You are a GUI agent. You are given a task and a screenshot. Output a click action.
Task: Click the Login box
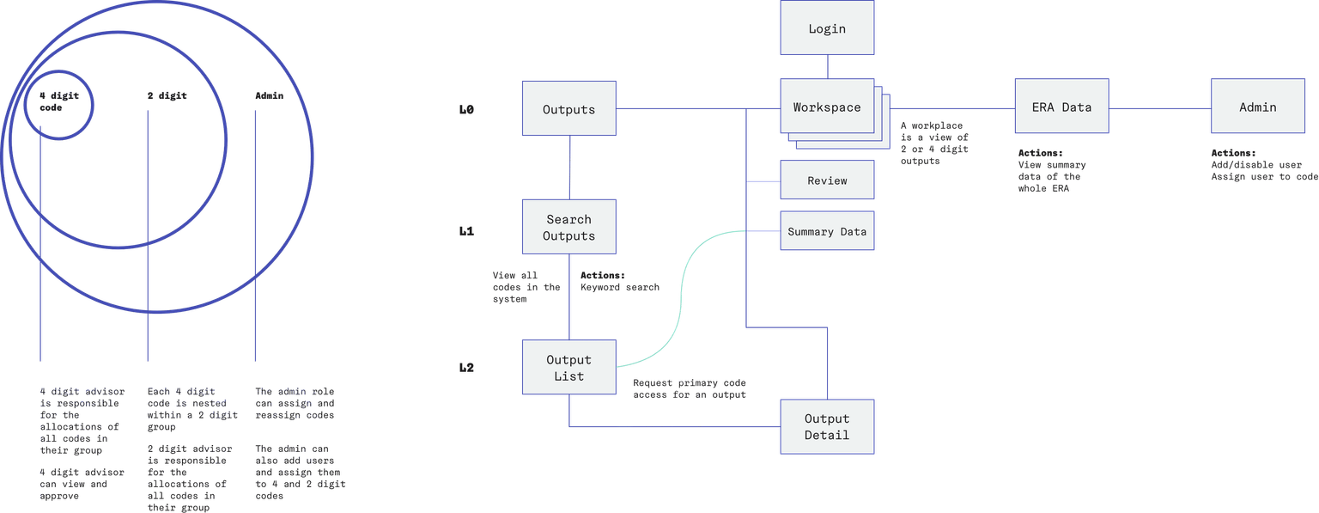[826, 28]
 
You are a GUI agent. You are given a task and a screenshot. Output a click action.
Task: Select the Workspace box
[826, 107]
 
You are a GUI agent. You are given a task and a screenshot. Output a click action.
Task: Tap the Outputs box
[568, 109]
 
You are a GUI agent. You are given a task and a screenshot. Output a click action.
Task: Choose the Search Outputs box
[568, 228]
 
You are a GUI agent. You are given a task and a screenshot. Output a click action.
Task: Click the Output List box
[568, 368]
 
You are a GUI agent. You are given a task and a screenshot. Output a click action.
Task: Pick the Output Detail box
[826, 426]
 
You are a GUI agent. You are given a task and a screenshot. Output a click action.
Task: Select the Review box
[826, 180]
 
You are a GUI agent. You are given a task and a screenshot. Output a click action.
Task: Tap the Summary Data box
[826, 231]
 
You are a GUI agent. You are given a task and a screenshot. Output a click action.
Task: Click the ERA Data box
[1061, 107]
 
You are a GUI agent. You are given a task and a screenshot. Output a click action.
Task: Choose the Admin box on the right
[1257, 107]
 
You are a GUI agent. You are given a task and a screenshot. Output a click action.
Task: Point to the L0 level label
[466, 110]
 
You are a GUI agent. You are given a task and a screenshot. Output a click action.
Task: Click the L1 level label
[466, 231]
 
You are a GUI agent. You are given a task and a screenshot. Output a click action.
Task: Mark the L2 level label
[466, 368]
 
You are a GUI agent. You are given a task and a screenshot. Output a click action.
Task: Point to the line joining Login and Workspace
[826, 66]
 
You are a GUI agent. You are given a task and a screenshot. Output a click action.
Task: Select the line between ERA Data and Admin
[1159, 108]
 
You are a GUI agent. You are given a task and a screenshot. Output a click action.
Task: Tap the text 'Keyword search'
[620, 287]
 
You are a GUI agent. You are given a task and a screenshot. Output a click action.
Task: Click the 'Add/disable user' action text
[1255, 164]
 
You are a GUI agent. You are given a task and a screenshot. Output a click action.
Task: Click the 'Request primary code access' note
[690, 388]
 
